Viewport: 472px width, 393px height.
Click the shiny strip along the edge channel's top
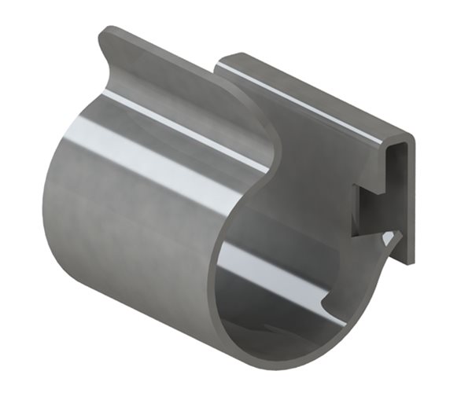click(315, 98)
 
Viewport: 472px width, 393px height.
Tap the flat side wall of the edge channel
click(315, 157)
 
